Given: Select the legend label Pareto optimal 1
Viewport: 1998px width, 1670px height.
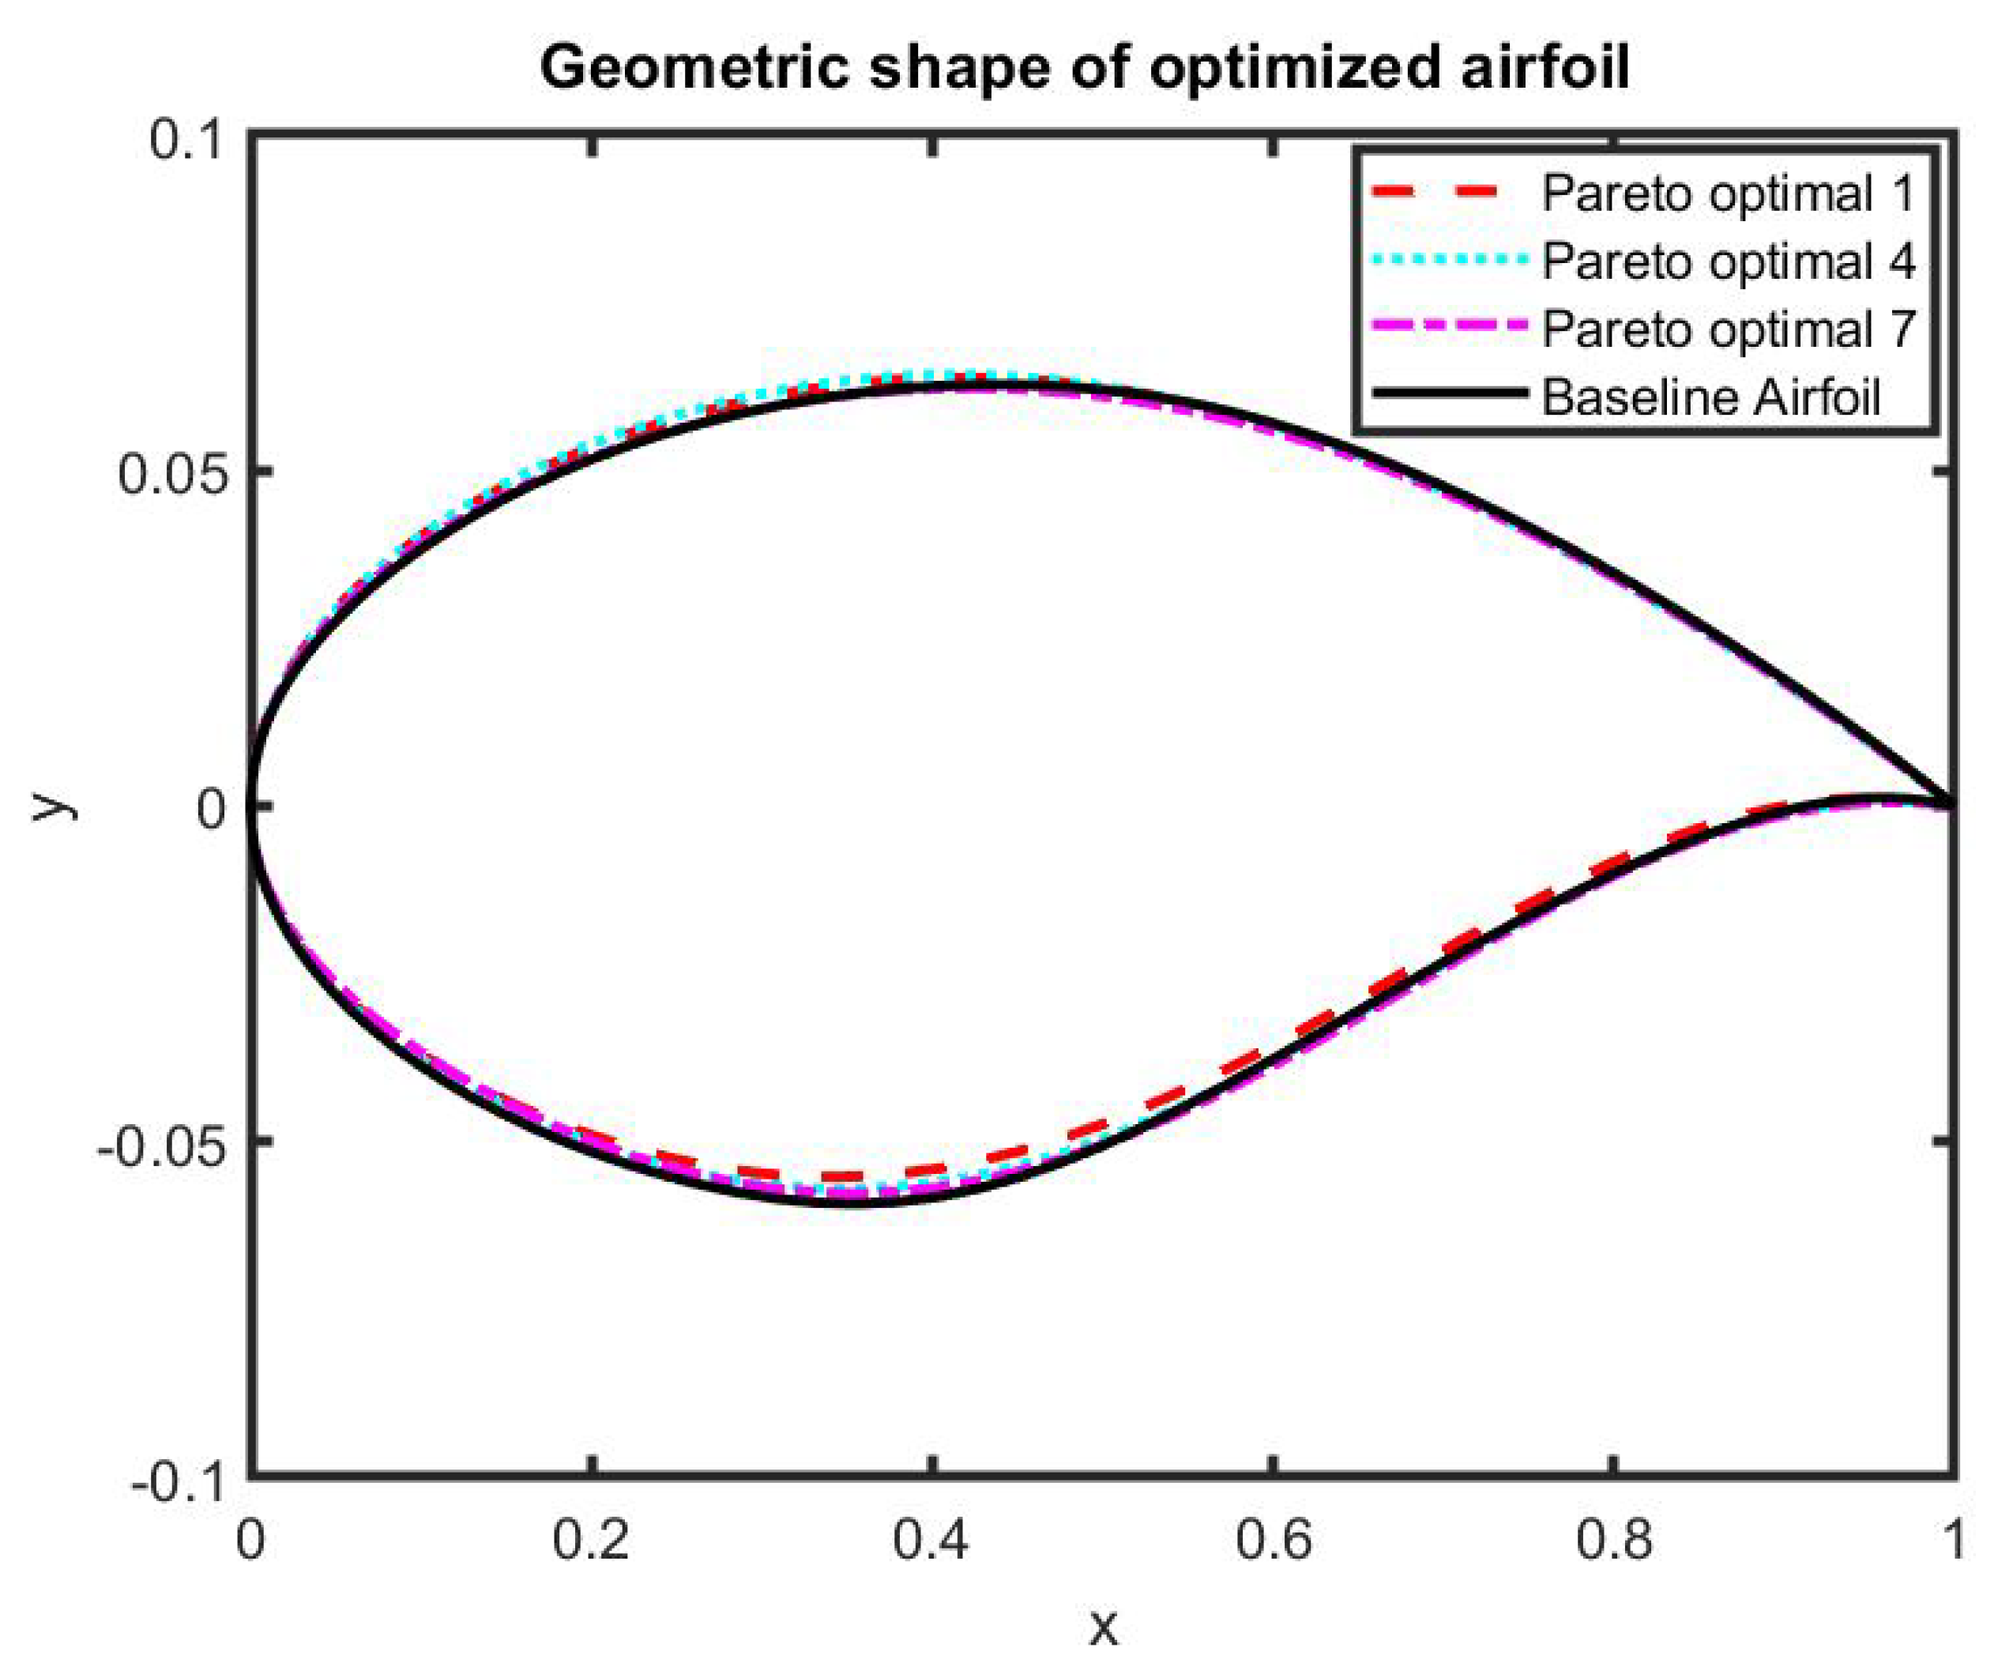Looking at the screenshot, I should click(x=1728, y=194).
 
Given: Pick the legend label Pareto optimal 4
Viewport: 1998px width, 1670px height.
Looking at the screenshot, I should click(x=1728, y=261).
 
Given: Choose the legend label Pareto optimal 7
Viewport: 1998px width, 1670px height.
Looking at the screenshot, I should click(x=1728, y=329).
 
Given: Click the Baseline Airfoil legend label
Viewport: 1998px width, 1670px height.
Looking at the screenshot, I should click(x=1710, y=397).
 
